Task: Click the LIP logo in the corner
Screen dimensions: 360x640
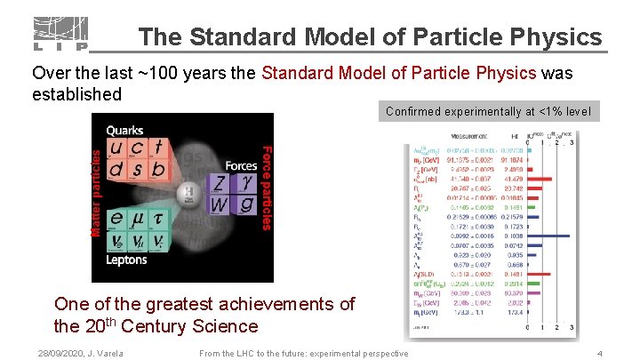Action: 61,34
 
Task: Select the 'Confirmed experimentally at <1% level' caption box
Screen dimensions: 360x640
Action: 492,112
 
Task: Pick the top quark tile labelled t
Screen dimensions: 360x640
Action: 156,148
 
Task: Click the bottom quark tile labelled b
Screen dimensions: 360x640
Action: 156,169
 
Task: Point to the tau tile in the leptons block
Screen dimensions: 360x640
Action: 156,218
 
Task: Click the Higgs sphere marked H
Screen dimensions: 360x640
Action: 188,194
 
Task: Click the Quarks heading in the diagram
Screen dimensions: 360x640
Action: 127,131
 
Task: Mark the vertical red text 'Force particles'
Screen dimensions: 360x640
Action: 266,182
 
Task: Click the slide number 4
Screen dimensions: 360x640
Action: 600,354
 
